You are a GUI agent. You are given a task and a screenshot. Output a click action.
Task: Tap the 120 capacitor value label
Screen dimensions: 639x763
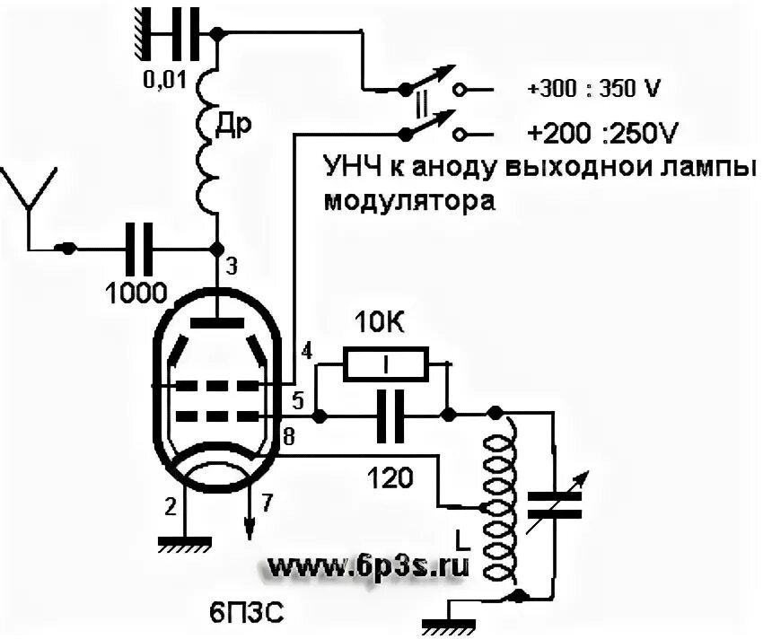coord(390,479)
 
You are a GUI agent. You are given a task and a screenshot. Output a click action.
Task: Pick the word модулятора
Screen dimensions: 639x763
coord(409,199)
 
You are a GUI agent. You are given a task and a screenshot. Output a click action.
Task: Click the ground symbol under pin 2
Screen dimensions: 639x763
coord(183,542)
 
